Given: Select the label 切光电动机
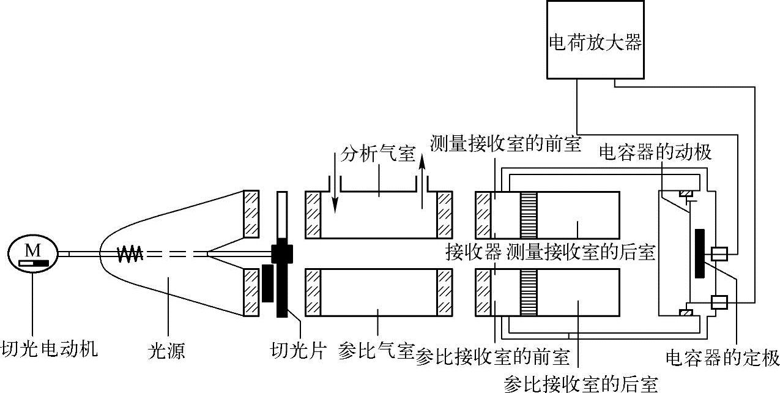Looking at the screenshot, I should click(x=50, y=350).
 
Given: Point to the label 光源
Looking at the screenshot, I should click(x=167, y=351).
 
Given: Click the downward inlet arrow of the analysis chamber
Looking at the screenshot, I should click(x=335, y=184).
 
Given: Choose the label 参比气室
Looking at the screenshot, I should click(x=376, y=352).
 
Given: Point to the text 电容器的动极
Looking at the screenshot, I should click(x=655, y=152).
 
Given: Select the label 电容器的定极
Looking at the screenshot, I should click(x=722, y=357).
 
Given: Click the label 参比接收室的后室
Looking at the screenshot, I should click(x=579, y=383).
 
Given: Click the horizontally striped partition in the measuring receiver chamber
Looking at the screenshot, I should click(x=529, y=214).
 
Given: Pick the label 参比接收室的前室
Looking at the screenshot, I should click(x=492, y=357).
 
